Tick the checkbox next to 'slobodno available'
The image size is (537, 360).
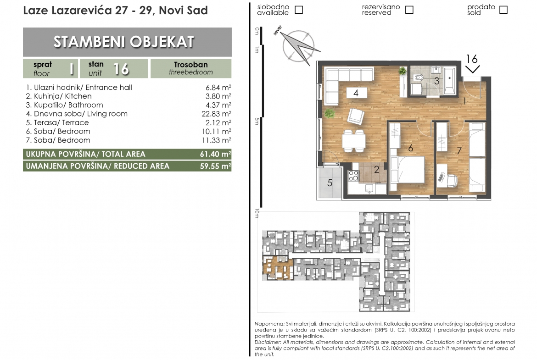pyautogui.click(x=299, y=10)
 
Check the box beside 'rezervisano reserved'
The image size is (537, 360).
pyautogui.click(x=409, y=10)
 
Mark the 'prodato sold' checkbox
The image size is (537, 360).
pyautogui.click(x=503, y=10)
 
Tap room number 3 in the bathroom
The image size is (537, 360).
pyautogui.click(x=436, y=81)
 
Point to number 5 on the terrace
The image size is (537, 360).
pyautogui.click(x=330, y=183)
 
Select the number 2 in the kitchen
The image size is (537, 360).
pyautogui.click(x=376, y=169)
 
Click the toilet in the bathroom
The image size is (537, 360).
pyautogui.click(x=418, y=77)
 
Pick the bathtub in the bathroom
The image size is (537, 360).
pyautogui.click(x=450, y=81)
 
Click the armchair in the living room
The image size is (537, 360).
pyautogui.click(x=356, y=116)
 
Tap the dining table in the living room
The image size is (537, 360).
pyautogui.click(x=354, y=141)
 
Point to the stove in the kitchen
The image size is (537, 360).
pyautogui.click(x=353, y=176)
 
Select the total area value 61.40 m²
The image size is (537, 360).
pyautogui.click(x=215, y=155)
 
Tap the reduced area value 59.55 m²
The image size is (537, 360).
pyautogui.click(x=215, y=166)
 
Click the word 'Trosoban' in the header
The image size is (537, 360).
pyautogui.click(x=191, y=65)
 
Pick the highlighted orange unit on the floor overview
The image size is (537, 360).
pyautogui.click(x=278, y=268)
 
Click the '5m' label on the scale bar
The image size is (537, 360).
pyautogui.click(x=257, y=121)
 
